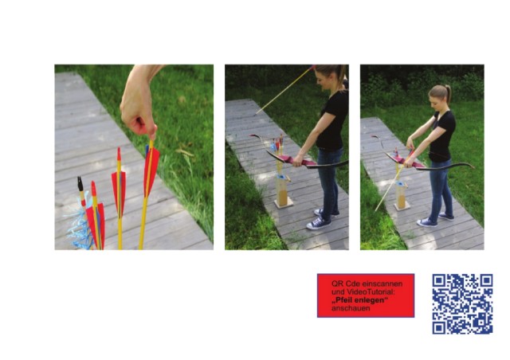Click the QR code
click(462, 303)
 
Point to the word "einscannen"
click(382, 284)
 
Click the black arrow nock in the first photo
click(80, 184)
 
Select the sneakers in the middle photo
click(320, 220)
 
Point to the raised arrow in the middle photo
click(285, 89)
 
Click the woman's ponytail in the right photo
click(449, 93)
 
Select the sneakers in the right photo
click(435, 220)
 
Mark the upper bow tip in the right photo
click(373, 136)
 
